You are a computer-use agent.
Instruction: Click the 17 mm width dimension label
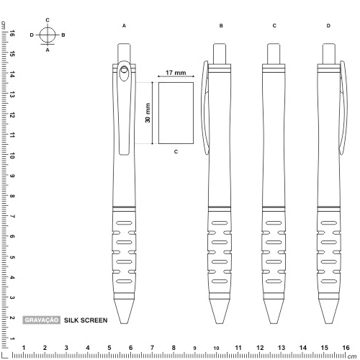[176, 73]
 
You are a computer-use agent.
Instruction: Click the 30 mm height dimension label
[148, 113]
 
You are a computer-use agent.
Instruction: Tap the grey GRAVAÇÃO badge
[41, 320]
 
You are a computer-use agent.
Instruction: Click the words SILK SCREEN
[86, 320]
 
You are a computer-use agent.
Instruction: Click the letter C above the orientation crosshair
[48, 20]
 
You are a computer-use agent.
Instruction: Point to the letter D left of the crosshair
[32, 35]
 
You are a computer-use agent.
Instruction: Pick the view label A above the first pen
[124, 26]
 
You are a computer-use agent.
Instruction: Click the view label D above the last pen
[328, 26]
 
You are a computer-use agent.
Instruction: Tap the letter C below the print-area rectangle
[176, 152]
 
